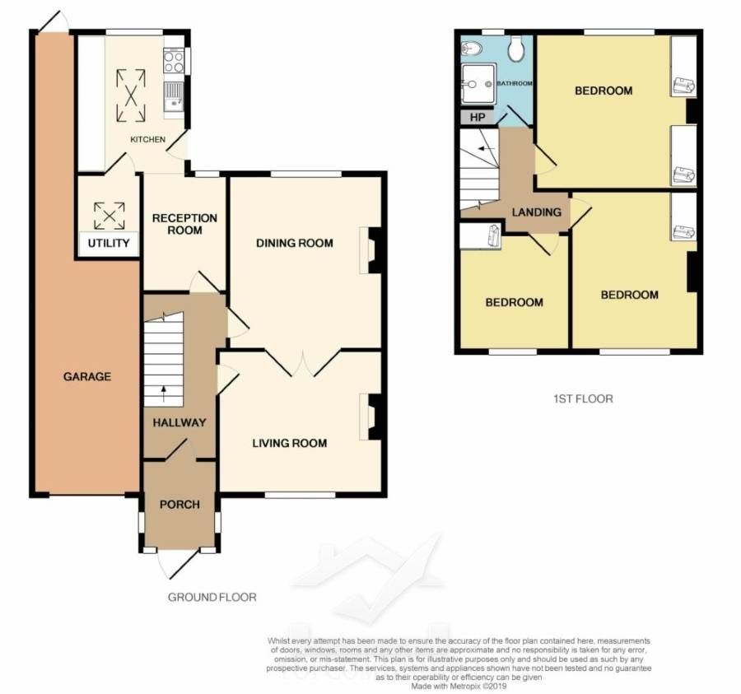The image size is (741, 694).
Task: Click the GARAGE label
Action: (87, 376)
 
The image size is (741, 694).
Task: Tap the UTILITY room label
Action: (109, 244)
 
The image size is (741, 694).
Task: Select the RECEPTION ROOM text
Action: (184, 225)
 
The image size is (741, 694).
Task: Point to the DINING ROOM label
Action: (295, 244)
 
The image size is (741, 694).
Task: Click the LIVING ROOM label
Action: (290, 443)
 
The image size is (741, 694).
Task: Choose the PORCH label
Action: (179, 505)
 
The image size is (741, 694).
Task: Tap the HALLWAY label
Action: (179, 423)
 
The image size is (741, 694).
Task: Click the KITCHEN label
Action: (148, 140)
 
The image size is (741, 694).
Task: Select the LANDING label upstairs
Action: (537, 212)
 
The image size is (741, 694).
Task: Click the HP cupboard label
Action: (478, 117)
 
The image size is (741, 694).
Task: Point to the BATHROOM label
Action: (515, 83)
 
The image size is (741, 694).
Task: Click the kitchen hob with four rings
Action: (174, 62)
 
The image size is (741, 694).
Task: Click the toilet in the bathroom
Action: (516, 49)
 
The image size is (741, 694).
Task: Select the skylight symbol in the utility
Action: (110, 216)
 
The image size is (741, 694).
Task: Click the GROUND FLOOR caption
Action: (212, 598)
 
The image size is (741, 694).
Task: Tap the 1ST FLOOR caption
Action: (583, 398)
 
